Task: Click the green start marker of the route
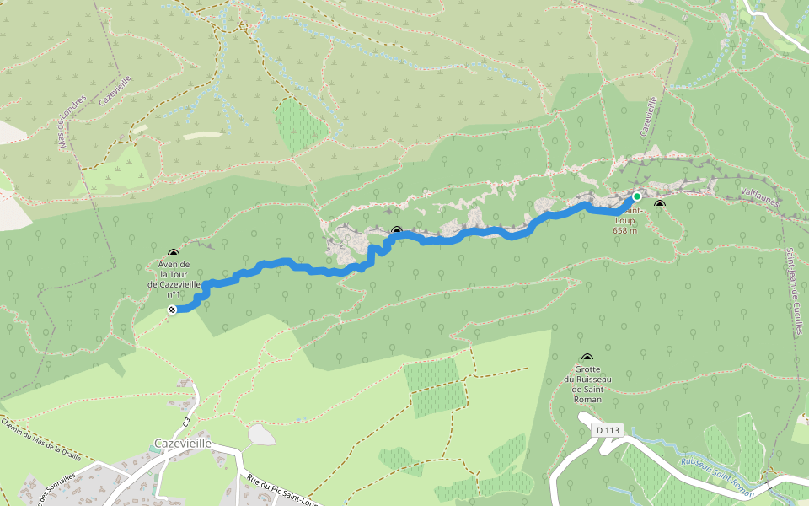[637, 196]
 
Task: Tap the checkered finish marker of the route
[172, 310]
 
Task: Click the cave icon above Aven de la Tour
[174, 253]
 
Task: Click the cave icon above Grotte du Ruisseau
[587, 358]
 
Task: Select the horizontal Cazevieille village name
[183, 443]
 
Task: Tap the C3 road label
[186, 419]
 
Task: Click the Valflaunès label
[760, 196]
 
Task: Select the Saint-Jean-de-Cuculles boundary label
[793, 291]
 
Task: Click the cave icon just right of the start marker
[660, 204]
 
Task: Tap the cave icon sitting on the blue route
[396, 230]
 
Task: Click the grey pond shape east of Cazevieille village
[262, 434]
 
